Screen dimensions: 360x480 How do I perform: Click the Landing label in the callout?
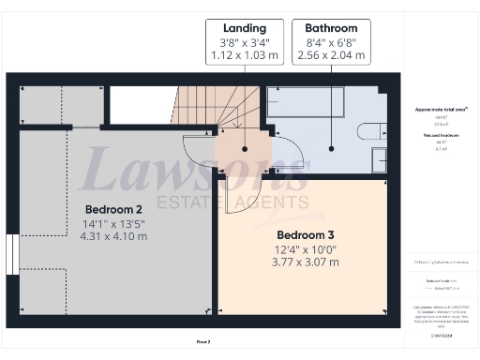243,28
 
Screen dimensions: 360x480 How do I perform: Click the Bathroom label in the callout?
330,28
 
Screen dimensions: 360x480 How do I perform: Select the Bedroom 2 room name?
113,208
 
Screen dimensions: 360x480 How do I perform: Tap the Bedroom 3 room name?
306,233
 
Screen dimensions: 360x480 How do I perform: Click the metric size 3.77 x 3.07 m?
307,262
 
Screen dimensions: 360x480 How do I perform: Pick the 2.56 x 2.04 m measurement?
331,55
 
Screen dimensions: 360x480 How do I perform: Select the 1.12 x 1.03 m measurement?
243,55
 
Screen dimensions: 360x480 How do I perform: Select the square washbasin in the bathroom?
380,162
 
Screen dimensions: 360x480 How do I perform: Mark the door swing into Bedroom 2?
198,156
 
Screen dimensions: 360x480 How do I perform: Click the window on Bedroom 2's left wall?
10,254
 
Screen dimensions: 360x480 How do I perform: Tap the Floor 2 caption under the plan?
202,342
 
